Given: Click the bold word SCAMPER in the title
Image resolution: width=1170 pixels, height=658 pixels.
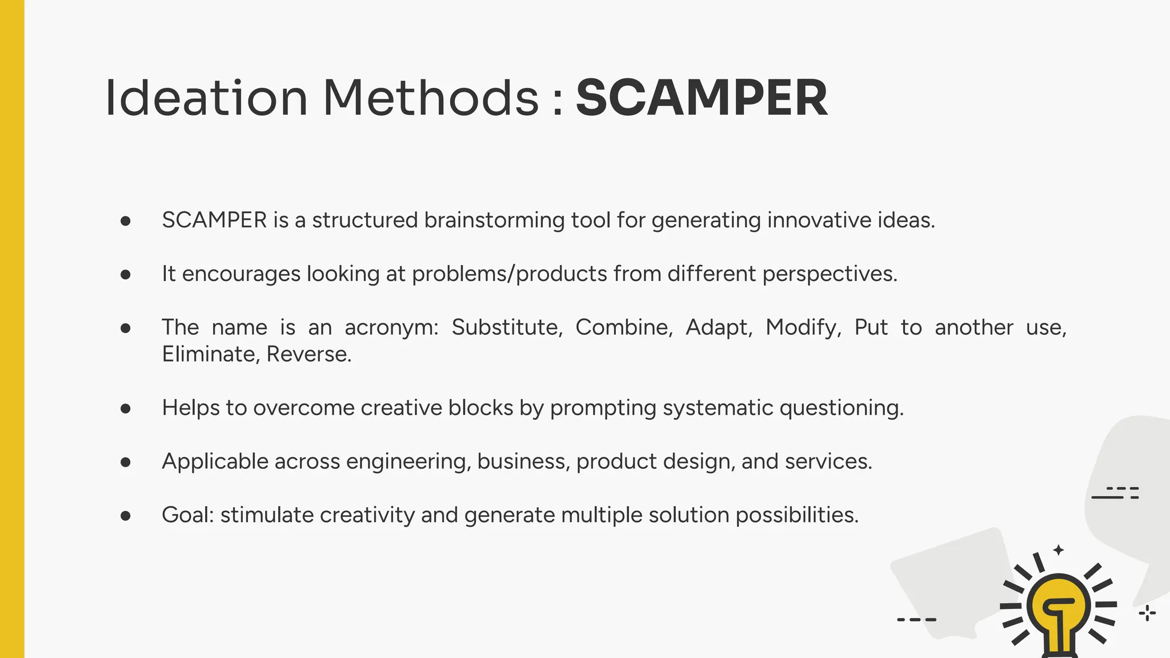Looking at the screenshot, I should pyautogui.click(x=702, y=98).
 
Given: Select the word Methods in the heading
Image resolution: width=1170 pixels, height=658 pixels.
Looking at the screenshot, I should pyautogui.click(x=431, y=98).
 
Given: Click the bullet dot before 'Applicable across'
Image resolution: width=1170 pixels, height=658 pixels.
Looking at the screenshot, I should pyautogui.click(x=126, y=462).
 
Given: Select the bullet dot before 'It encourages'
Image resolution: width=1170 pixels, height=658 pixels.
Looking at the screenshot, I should pyautogui.click(x=126, y=275).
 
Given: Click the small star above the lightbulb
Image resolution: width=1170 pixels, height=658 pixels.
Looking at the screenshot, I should pyautogui.click(x=1059, y=550).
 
